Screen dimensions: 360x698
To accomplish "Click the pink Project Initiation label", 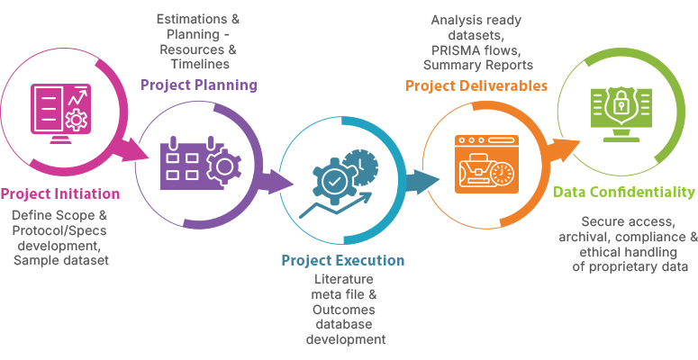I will click(59, 193).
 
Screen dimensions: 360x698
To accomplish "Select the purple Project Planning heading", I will click(198, 85).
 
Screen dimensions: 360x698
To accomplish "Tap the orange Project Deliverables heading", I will click(476, 86).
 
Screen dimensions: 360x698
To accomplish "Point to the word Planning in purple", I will click(228, 85).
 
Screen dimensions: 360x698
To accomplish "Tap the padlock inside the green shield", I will click(621, 106).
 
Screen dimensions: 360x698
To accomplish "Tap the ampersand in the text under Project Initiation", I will click(103, 215).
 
